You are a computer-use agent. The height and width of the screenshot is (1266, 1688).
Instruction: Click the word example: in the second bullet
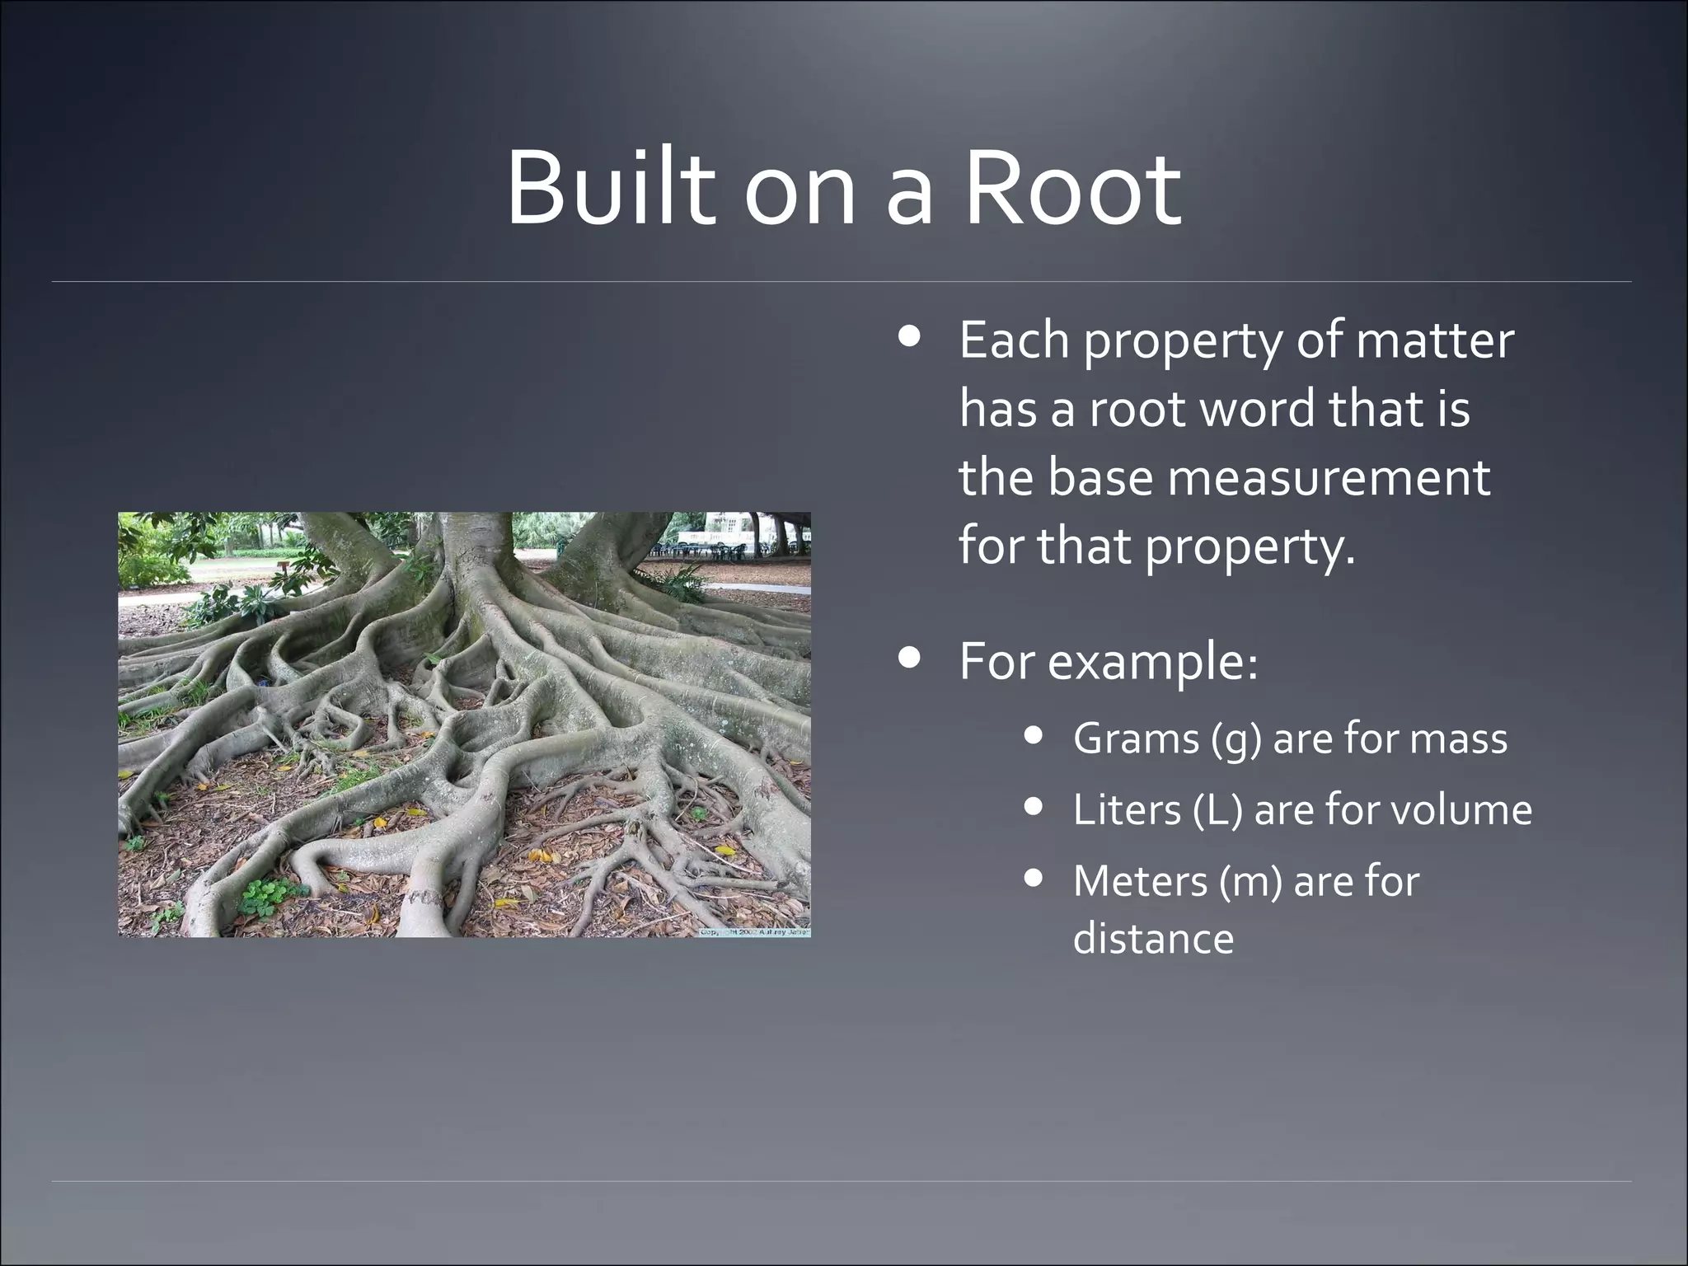pos(1152,662)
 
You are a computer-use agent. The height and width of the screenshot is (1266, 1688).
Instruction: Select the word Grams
pos(1136,738)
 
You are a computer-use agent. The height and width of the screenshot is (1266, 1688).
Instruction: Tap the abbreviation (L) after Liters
pos(1217,809)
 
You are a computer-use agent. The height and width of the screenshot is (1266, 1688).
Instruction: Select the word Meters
pos(1137,881)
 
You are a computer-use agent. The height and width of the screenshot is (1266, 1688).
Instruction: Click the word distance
pos(1153,939)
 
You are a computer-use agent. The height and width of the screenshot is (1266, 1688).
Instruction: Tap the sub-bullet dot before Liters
pos(1034,806)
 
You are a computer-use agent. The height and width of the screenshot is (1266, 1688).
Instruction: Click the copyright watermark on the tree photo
pos(753,931)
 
